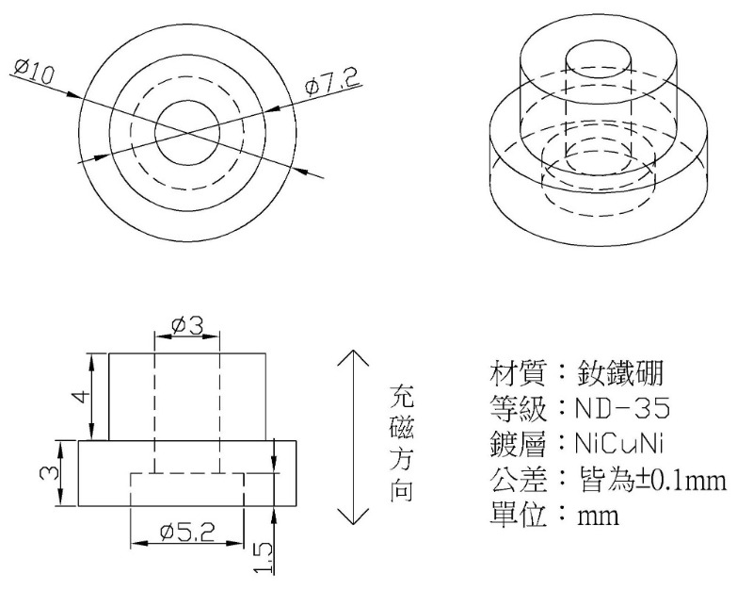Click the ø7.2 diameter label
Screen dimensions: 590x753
332,83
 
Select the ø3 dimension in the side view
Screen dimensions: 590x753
187,325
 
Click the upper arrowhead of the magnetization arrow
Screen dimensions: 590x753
351,356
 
